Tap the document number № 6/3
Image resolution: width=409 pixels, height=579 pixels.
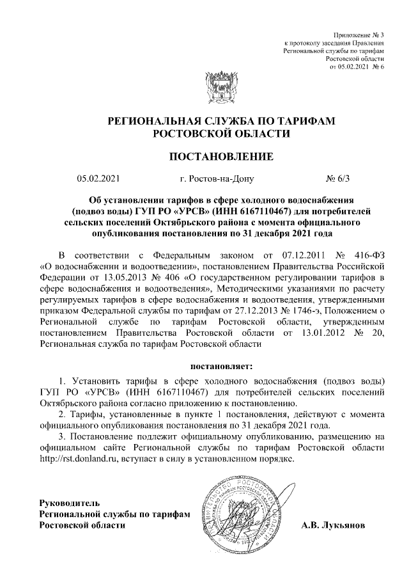point(337,179)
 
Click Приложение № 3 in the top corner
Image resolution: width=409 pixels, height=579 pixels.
point(360,34)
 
